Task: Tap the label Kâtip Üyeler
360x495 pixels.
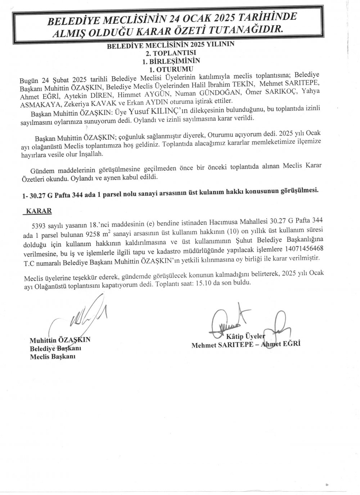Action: click(x=246, y=337)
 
